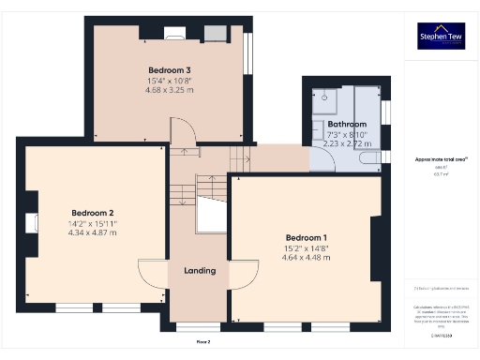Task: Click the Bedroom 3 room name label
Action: tap(170, 70)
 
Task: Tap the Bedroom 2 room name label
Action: tap(92, 212)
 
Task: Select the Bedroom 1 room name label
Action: tap(307, 236)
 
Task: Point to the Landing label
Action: tap(200, 271)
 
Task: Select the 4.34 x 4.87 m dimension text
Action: tap(92, 232)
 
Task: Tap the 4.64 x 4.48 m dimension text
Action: tap(307, 257)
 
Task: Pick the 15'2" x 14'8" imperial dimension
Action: tap(307, 247)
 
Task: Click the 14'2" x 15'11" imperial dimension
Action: tap(92, 223)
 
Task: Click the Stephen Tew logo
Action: tap(440, 37)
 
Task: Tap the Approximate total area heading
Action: tap(441, 159)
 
